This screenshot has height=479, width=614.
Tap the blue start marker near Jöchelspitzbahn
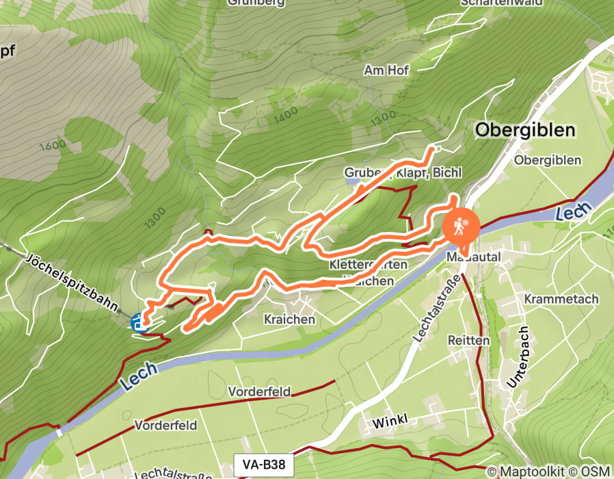[x=140, y=322]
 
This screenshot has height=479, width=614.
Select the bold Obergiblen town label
[x=525, y=130]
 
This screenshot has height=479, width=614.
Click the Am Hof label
[x=386, y=70]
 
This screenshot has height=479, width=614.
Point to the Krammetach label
[x=561, y=299]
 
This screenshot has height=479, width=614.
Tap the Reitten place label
[x=468, y=340]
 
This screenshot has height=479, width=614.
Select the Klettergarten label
[x=369, y=264]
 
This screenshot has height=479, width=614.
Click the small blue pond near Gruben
[x=353, y=183]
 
